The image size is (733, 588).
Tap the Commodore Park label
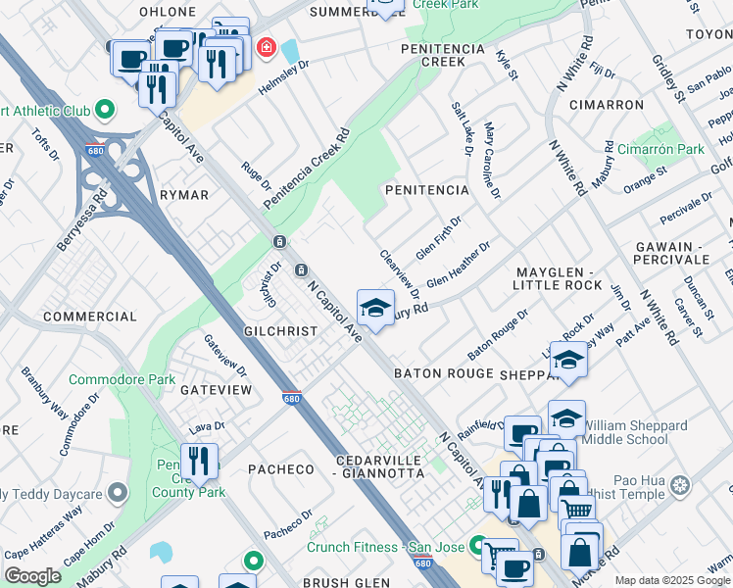click(x=122, y=379)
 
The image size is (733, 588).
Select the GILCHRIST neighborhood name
click(x=282, y=331)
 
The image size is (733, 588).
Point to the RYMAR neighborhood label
click(x=184, y=195)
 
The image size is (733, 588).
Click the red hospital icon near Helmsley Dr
click(x=265, y=47)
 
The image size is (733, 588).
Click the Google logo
click(x=32, y=576)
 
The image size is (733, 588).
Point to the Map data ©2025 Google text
click(x=672, y=580)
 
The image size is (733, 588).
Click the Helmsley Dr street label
click(x=283, y=76)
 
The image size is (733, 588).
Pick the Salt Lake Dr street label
click(x=460, y=128)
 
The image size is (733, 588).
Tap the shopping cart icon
click(x=577, y=508)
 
